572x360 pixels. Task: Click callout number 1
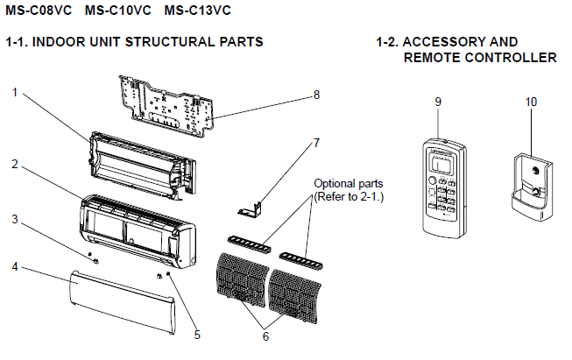(x=15, y=91)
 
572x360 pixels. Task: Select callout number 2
(x=15, y=164)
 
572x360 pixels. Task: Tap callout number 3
(x=15, y=218)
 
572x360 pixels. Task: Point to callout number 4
(x=15, y=265)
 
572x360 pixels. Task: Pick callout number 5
(x=197, y=334)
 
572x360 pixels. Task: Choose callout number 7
(x=316, y=142)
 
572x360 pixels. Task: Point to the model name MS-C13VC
(x=197, y=11)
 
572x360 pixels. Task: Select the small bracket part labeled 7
(x=251, y=208)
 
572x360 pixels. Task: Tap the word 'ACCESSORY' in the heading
(x=443, y=42)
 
